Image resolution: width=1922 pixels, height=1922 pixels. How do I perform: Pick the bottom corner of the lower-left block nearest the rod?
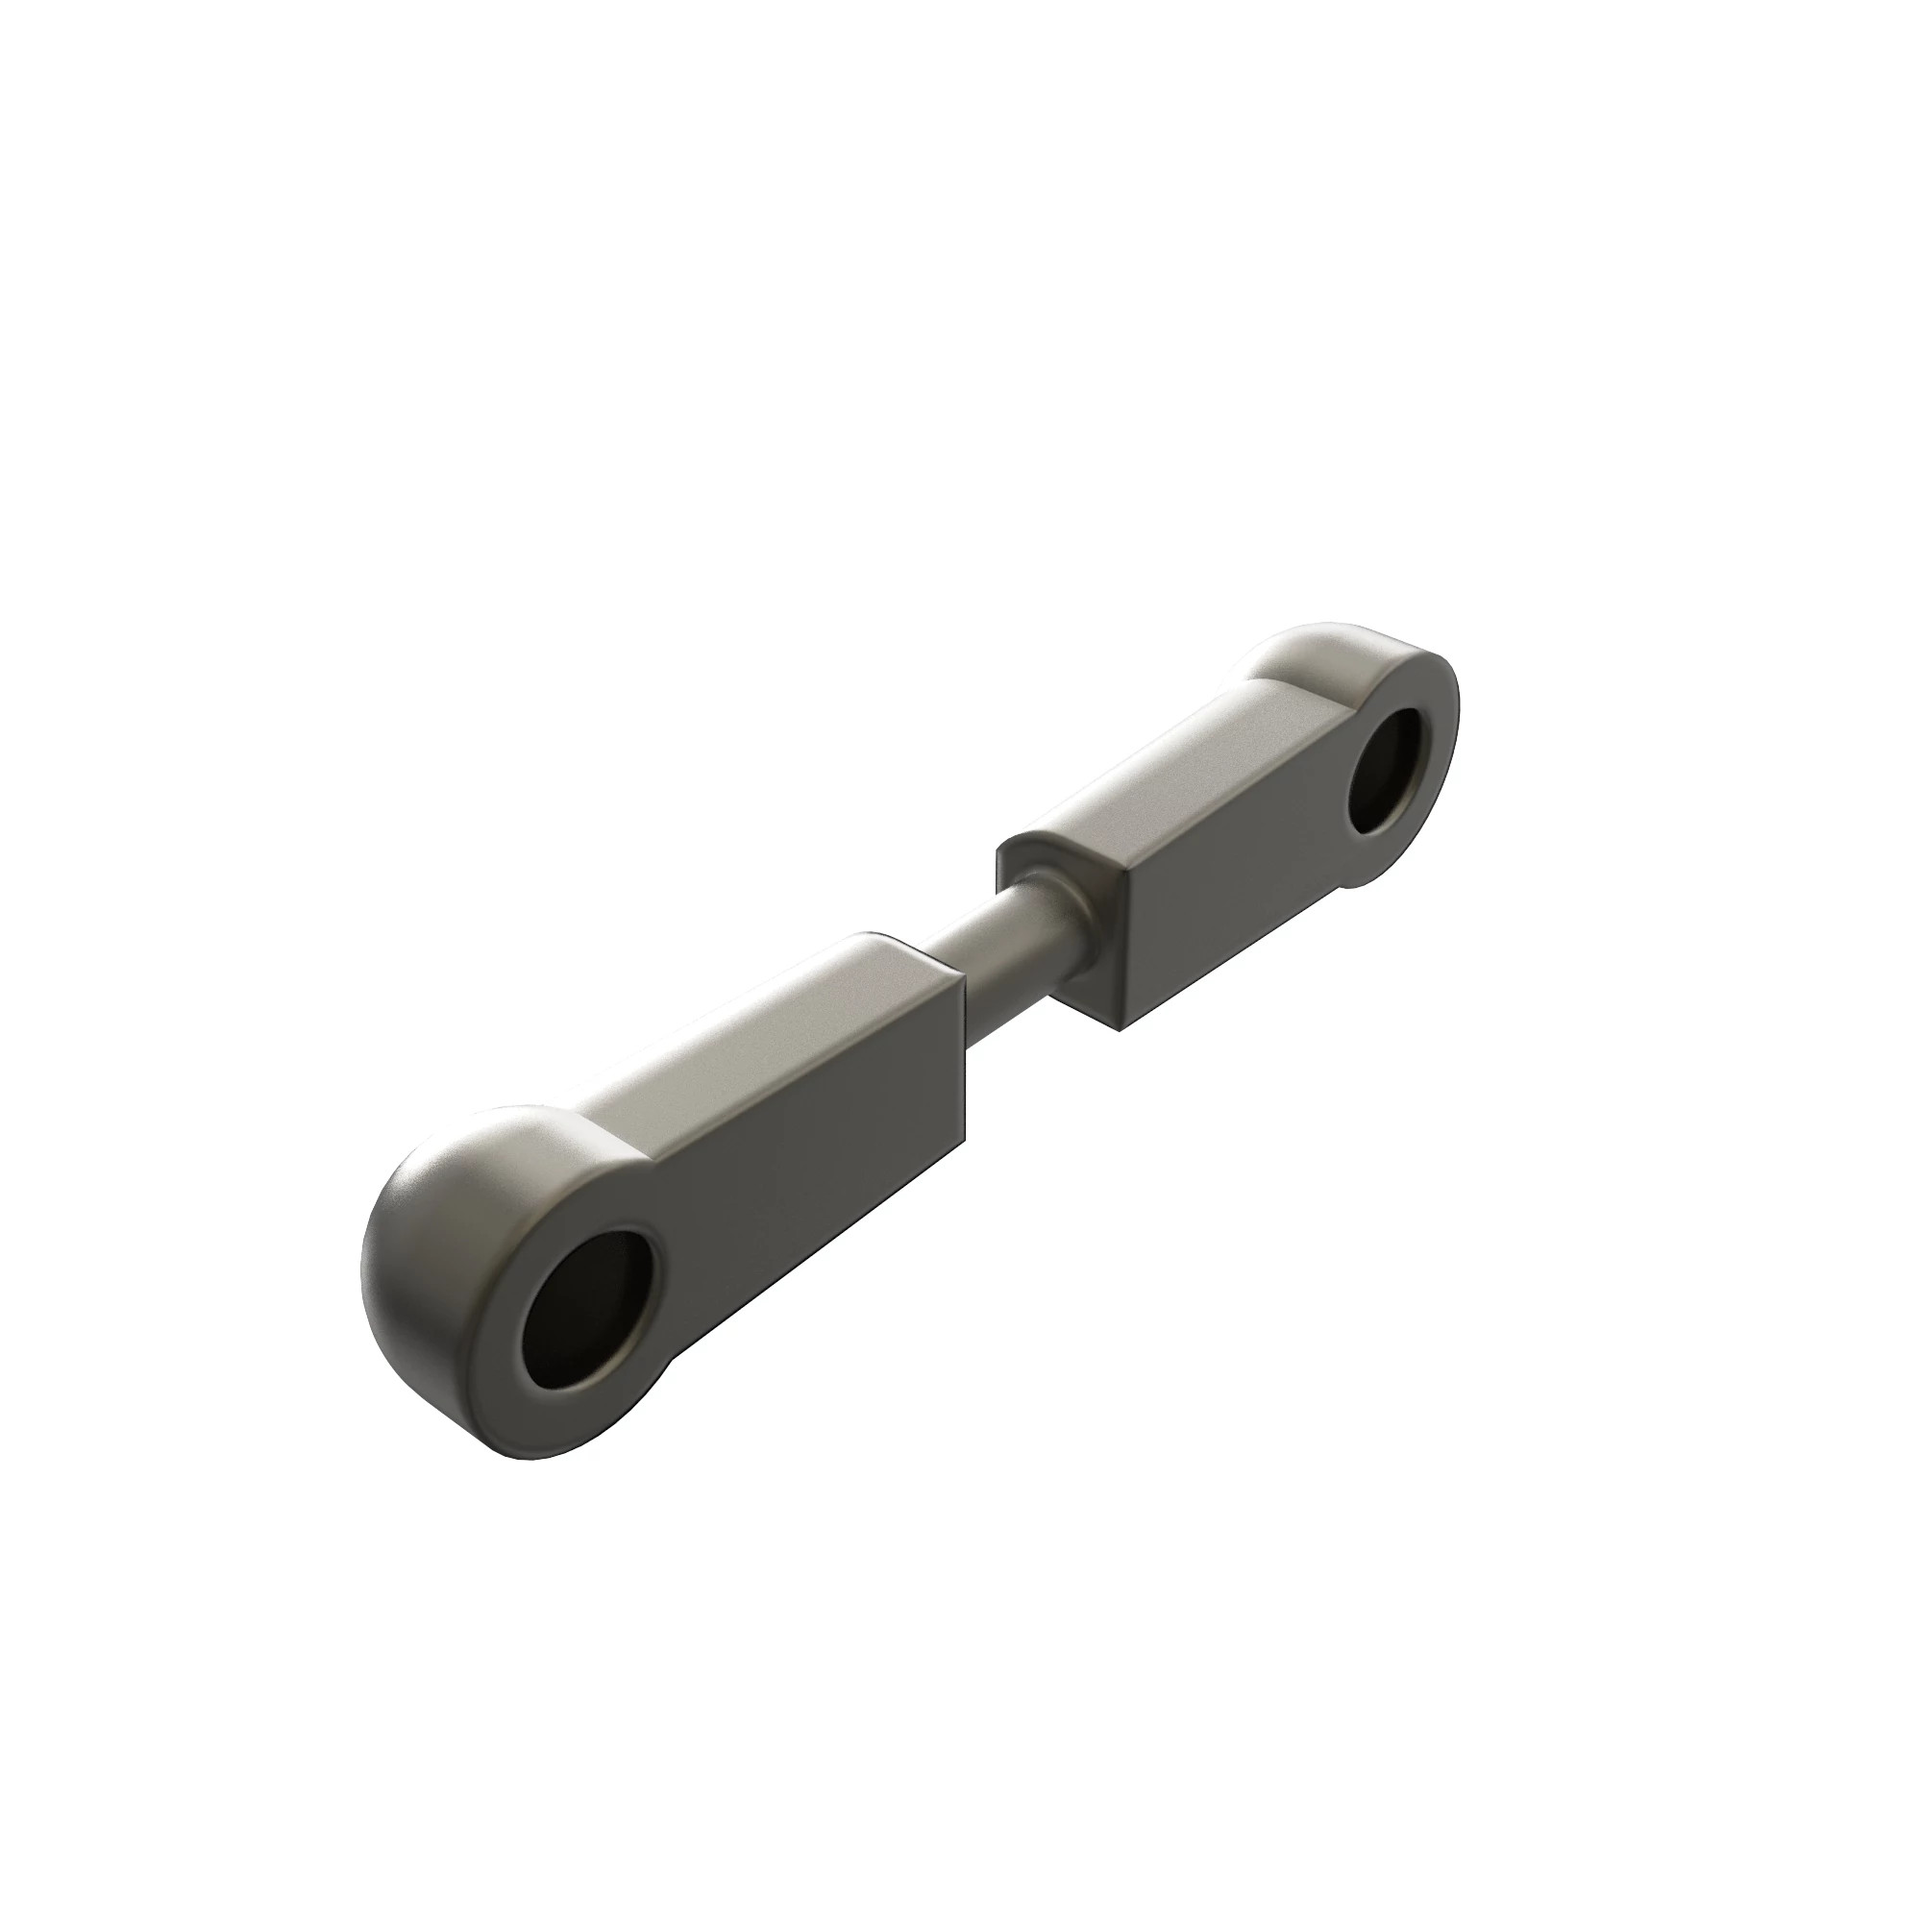[x=963, y=1144]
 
